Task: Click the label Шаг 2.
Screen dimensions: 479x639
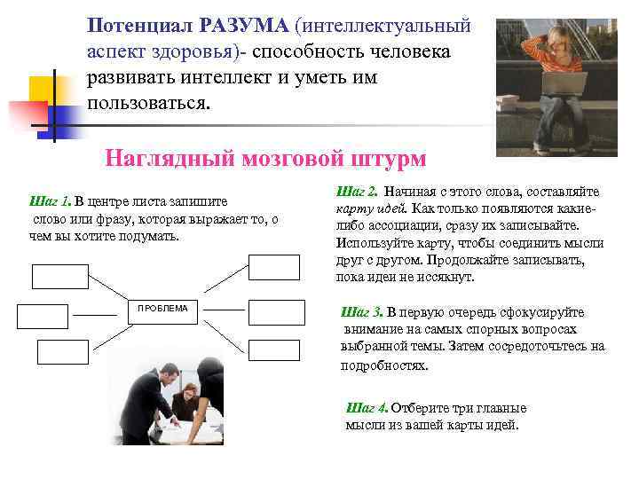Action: pyautogui.click(x=358, y=192)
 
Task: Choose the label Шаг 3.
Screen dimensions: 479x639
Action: pyautogui.click(x=362, y=312)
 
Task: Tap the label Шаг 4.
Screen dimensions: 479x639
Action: pyautogui.click(x=366, y=409)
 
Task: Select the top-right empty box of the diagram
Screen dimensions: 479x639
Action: pyautogui.click(x=273, y=266)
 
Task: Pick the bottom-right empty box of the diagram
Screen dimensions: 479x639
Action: pyautogui.click(x=273, y=350)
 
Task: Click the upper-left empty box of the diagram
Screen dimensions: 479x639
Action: pyautogui.click(x=59, y=277)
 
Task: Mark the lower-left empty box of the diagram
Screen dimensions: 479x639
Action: pyautogui.click(x=43, y=317)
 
